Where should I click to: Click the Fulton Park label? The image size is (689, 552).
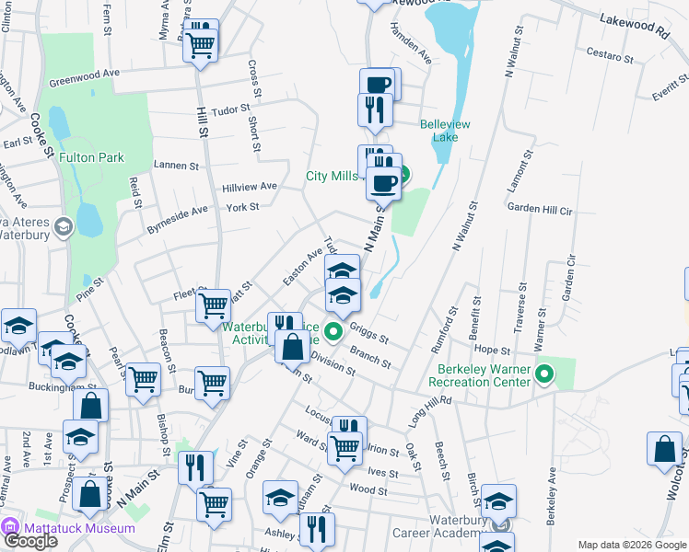coord(91,157)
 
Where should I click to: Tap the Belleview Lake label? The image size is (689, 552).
coord(446,131)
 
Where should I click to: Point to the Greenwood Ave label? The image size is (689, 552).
coord(86,73)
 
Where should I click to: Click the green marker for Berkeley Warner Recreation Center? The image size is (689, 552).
coord(544,374)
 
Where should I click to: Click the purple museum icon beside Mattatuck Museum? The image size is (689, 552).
coord(10,528)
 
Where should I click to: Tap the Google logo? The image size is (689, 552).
coord(30,540)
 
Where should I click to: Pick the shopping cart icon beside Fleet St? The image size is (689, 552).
coord(214,304)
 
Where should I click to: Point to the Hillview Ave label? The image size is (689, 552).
coord(249,186)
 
